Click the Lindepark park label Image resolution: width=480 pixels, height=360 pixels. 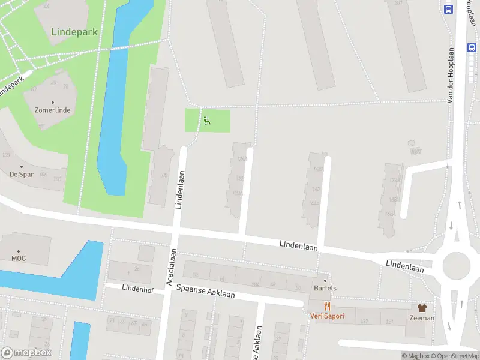[x=74, y=32]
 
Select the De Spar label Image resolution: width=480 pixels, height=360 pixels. [x=22, y=175]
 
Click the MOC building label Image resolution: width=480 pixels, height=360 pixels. [x=18, y=259]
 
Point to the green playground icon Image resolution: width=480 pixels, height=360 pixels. [x=206, y=120]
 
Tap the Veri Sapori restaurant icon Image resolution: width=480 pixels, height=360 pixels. [x=327, y=307]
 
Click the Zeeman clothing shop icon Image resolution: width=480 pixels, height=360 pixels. [x=422, y=308]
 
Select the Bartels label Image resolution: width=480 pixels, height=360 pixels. [x=325, y=288]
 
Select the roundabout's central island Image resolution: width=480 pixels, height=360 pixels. [x=455, y=264]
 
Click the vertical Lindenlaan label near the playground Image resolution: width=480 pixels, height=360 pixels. [x=179, y=188]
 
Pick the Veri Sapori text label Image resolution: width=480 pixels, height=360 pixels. [x=327, y=316]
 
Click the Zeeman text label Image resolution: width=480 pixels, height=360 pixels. [x=422, y=318]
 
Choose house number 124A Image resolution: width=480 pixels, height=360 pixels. [x=242, y=160]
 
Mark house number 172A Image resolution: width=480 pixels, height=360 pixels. [x=394, y=180]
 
